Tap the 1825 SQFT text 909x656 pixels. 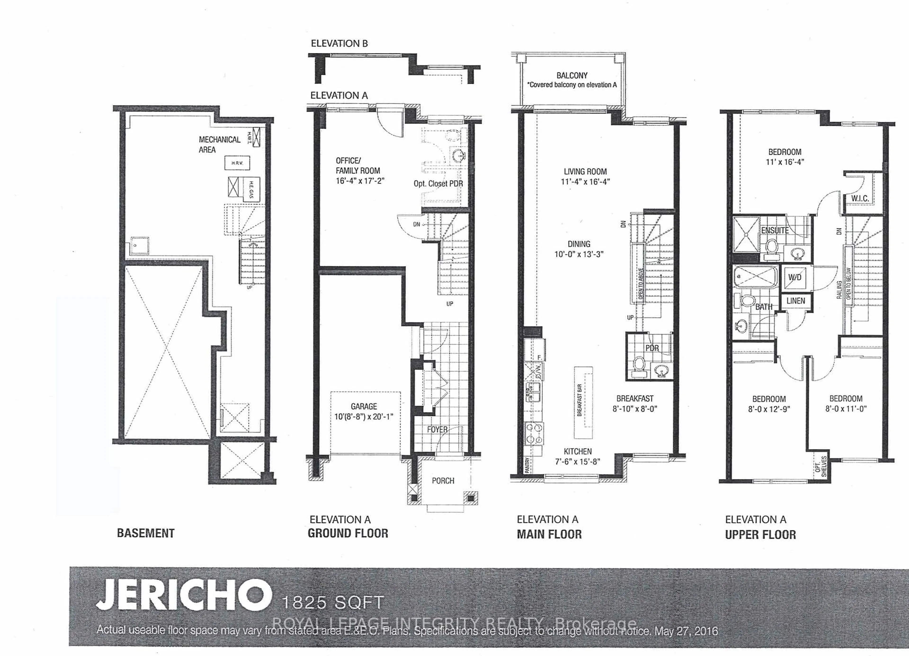pos(333,602)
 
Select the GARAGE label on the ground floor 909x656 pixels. pos(364,406)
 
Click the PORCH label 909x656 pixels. pos(443,480)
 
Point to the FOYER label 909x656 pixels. pos(437,430)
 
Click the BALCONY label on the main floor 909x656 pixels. pos(571,75)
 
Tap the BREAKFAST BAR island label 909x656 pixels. pos(579,400)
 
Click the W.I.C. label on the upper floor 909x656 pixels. pos(860,198)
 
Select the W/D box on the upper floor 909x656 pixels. pos(795,277)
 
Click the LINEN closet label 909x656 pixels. pos(796,301)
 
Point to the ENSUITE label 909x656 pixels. pos(775,230)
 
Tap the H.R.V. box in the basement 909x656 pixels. pos(237,163)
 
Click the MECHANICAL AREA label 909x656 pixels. pos(219,144)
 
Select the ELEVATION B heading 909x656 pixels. pos(339,43)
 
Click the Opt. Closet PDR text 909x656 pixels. pos(438,184)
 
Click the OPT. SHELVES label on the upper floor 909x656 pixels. pos(821,466)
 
